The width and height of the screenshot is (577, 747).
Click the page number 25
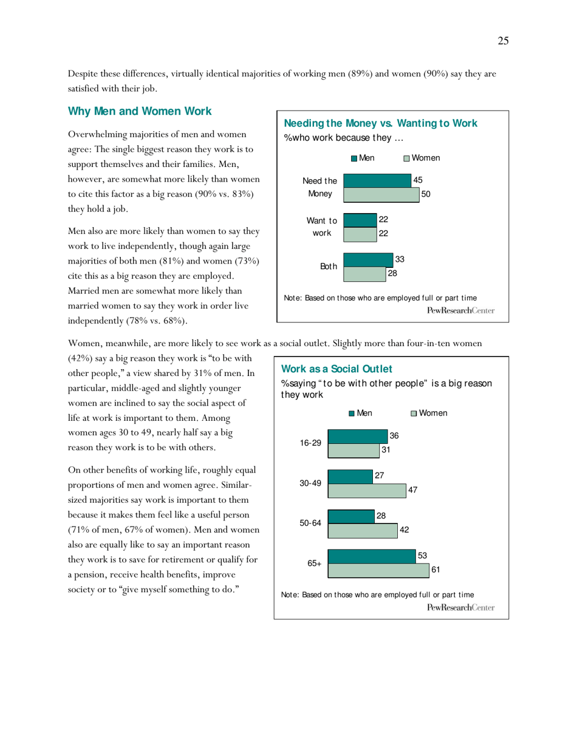pyautogui.click(x=503, y=41)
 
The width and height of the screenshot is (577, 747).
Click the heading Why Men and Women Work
pyautogui.click(x=140, y=111)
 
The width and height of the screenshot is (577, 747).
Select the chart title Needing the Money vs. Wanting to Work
pyautogui.click(x=381, y=124)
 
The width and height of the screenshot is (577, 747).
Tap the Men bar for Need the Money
pyautogui.click(x=377, y=180)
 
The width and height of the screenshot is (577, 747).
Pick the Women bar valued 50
pyautogui.click(x=381, y=194)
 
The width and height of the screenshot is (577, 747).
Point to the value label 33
pyautogui.click(x=400, y=259)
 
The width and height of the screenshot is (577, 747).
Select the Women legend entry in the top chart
pyautogui.click(x=422, y=158)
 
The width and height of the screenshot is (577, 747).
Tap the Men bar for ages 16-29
pyautogui.click(x=357, y=437)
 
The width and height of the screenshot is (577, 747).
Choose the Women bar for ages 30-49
pyautogui.click(x=367, y=491)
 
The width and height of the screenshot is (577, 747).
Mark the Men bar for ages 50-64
pyautogui.click(x=350, y=516)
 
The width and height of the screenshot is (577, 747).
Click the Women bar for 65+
pyautogui.click(x=378, y=571)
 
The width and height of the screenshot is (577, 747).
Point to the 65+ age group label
pyautogui.click(x=314, y=564)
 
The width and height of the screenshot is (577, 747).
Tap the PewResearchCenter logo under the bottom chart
pyautogui.click(x=461, y=607)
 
